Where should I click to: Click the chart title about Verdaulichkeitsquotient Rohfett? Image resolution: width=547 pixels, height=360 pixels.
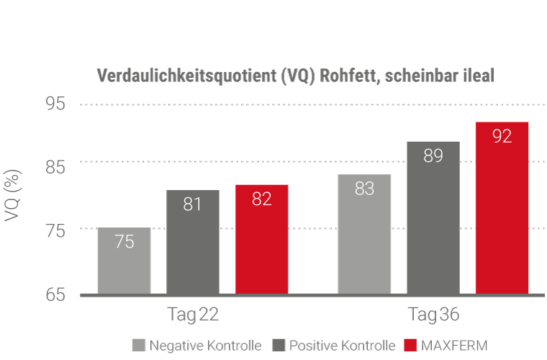coord(295,76)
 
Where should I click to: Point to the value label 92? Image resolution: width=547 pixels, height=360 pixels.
coord(502,136)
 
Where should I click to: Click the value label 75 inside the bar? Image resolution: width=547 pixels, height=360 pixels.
coord(124,242)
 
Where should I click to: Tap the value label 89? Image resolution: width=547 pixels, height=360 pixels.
coord(433,156)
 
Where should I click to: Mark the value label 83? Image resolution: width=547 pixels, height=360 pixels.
coord(364,189)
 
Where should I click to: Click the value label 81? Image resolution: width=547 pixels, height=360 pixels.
coord(192,204)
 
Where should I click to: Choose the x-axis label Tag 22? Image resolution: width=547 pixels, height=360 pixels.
coord(193,316)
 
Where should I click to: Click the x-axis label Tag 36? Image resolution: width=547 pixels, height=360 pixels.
coord(433,316)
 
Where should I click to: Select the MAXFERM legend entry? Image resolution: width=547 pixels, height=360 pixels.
coord(446,345)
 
